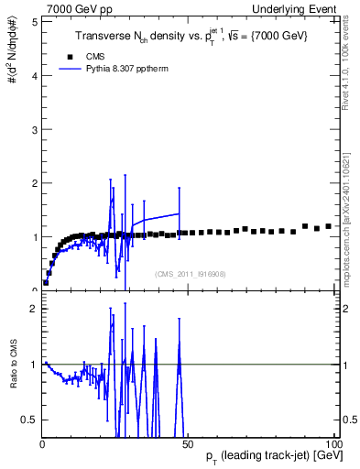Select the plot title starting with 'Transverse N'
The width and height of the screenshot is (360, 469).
click(191, 35)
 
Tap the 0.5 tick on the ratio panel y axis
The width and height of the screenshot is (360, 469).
click(28, 420)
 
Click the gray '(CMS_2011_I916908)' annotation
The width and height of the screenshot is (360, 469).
click(191, 273)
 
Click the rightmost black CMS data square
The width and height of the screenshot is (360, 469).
click(328, 225)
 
